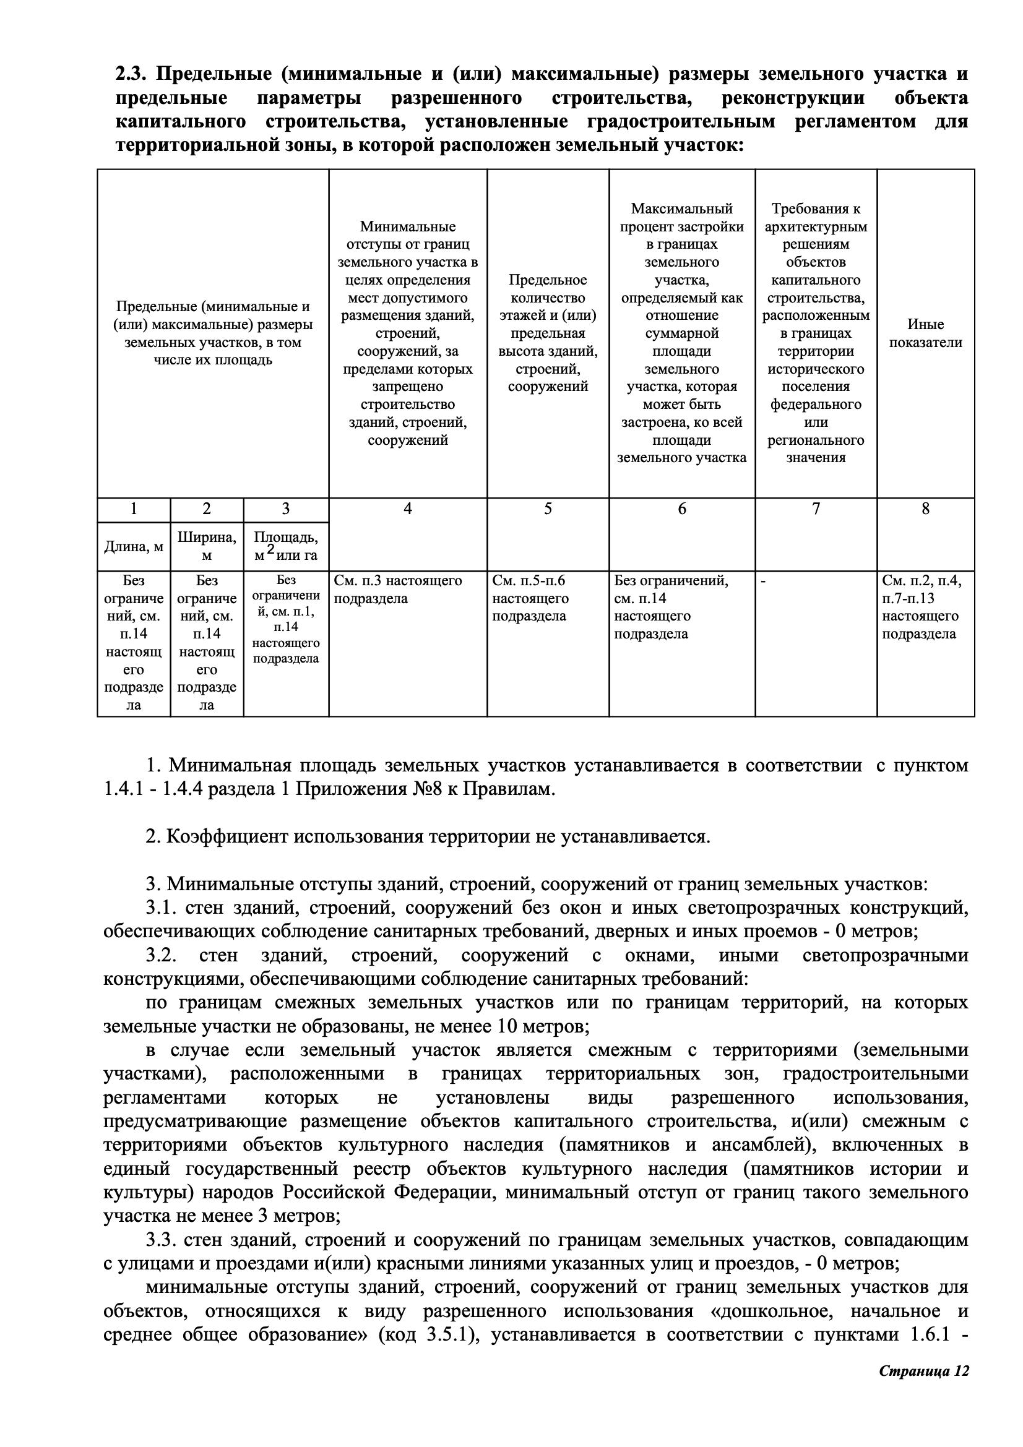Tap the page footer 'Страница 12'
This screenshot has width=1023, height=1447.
click(923, 1408)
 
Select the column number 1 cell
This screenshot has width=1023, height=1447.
click(134, 509)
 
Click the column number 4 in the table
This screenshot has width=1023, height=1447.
click(407, 509)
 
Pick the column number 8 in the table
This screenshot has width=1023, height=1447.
click(925, 509)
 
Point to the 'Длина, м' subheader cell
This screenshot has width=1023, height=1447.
click(134, 546)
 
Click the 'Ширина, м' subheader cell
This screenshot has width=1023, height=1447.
click(207, 546)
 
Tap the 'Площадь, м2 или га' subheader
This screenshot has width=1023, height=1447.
click(285, 546)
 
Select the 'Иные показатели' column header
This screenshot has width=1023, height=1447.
click(925, 333)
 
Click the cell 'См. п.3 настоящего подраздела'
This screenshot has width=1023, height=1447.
click(398, 590)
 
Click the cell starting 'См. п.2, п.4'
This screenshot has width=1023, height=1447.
click(922, 607)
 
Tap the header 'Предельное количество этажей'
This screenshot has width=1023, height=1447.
click(547, 333)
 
